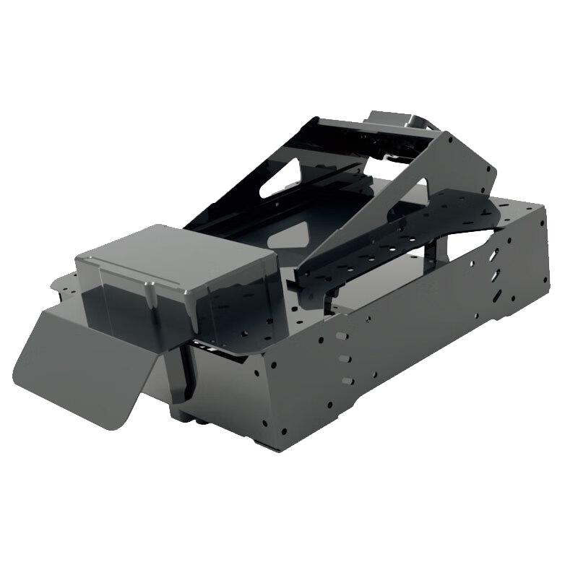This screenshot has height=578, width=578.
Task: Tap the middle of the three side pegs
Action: coord(345,358)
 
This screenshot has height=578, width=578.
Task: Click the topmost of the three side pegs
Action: coord(339,337)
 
